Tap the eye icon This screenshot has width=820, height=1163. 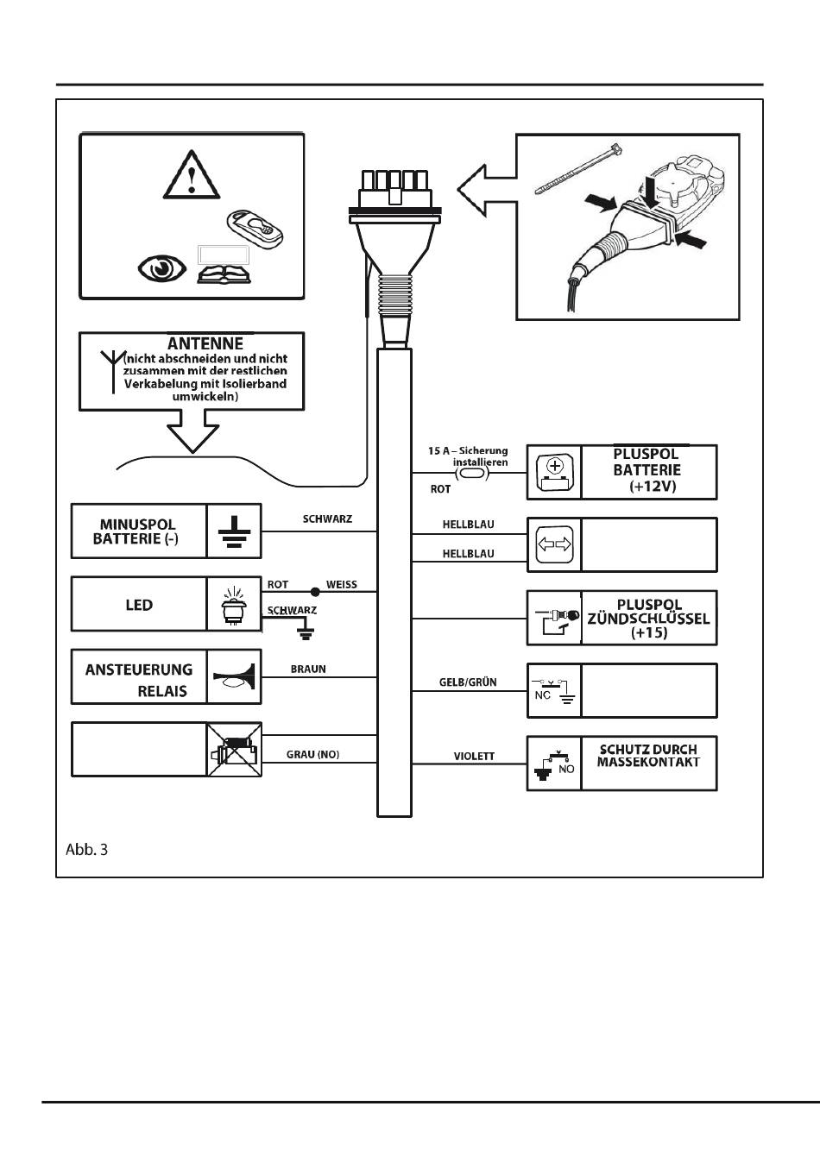tap(162, 269)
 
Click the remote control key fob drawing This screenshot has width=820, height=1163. tap(255, 229)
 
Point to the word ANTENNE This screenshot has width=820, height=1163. tap(205, 343)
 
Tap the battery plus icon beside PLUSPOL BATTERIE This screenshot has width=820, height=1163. tap(555, 473)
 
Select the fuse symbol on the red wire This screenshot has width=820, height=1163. tap(472, 473)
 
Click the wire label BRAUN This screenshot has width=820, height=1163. tap(308, 670)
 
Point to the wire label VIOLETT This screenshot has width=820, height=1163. tap(474, 757)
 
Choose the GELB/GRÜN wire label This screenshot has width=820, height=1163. tap(468, 682)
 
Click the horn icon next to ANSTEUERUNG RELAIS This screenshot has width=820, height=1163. tap(234, 677)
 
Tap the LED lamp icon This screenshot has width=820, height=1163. tap(234, 605)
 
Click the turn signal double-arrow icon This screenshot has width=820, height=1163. tap(555, 544)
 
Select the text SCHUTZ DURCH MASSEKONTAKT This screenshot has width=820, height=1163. tap(648, 756)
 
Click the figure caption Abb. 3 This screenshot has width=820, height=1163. tap(86, 850)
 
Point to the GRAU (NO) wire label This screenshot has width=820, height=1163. tap(312, 754)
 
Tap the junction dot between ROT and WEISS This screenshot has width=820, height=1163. tap(315, 592)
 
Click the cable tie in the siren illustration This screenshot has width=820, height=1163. tap(578, 169)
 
